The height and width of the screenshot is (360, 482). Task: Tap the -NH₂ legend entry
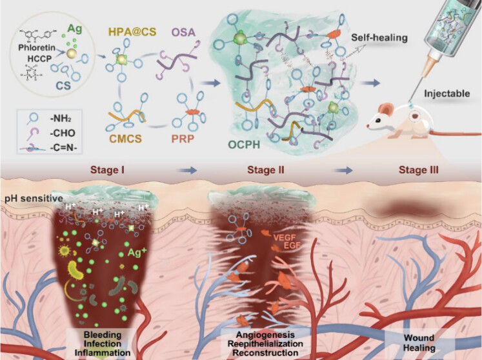51,124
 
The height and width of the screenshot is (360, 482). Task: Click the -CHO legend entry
52,137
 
